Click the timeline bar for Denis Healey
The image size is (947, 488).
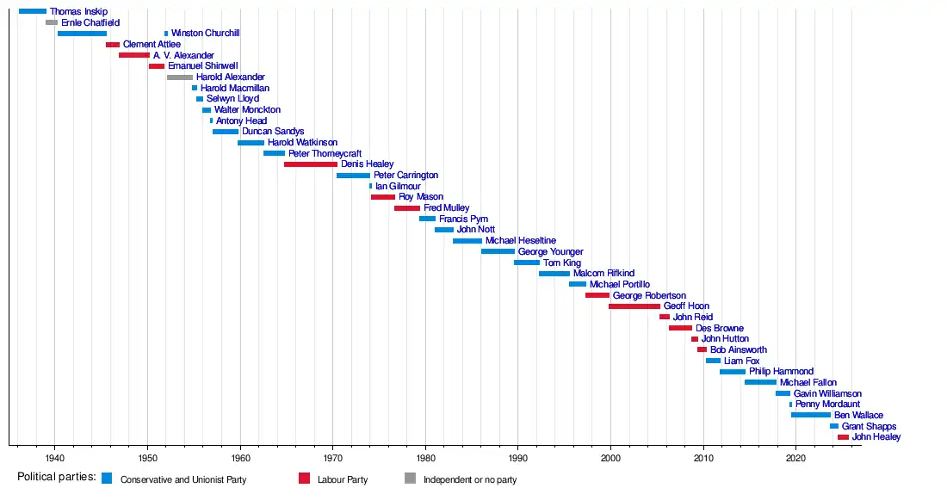(x=310, y=164)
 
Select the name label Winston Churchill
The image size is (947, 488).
(x=205, y=34)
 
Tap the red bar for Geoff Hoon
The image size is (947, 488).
(x=634, y=306)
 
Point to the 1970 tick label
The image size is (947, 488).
(x=332, y=456)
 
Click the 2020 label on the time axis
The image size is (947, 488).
(x=795, y=456)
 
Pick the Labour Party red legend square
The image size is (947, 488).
(x=304, y=479)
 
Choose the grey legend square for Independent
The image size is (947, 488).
(x=410, y=479)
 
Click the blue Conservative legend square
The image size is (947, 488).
(x=107, y=479)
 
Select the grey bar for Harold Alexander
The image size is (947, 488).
(x=180, y=77)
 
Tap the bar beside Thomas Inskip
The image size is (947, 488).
(x=33, y=11)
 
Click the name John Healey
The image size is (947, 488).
(x=876, y=437)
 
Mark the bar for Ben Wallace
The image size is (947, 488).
(x=811, y=416)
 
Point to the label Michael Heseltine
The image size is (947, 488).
(x=520, y=241)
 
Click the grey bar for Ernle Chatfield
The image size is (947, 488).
(x=52, y=22)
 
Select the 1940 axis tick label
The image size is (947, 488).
(x=54, y=456)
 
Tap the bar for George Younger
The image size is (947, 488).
(x=498, y=252)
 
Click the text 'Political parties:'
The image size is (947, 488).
(x=56, y=478)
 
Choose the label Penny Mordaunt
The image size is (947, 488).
(x=827, y=405)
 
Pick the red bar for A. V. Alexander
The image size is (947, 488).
(x=134, y=55)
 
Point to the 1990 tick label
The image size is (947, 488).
(x=517, y=456)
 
